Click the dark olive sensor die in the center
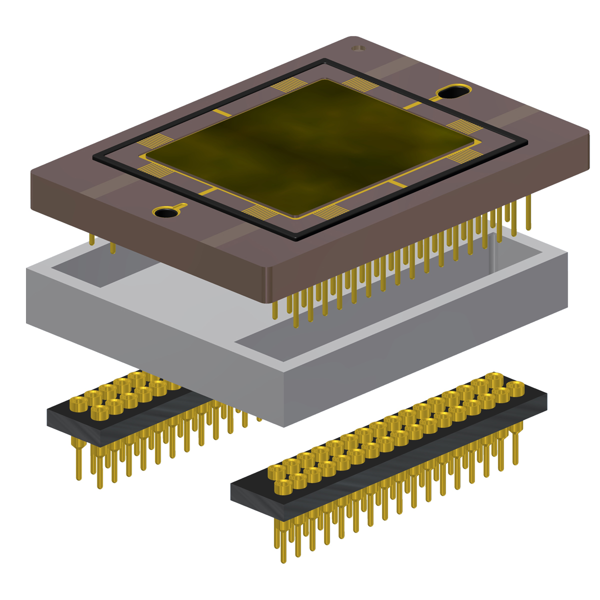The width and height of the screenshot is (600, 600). [310, 147]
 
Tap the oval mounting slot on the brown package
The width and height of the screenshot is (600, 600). [454, 92]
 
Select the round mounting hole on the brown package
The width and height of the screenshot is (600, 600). [165, 212]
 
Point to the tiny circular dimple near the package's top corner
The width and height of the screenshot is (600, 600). [357, 48]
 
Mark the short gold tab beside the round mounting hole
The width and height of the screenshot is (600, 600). [182, 206]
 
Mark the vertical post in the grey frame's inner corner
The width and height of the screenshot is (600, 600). [493, 255]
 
